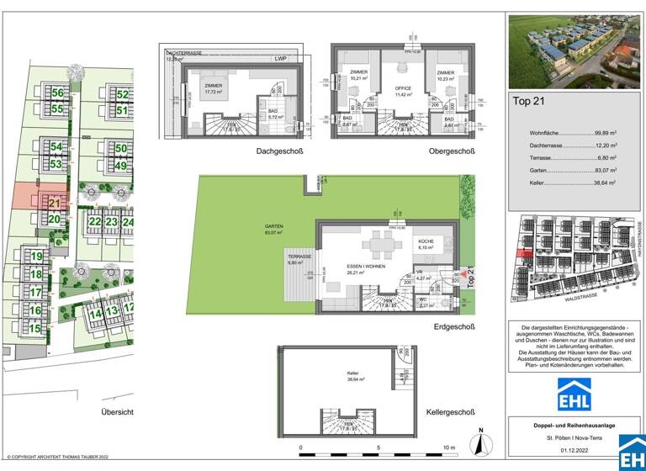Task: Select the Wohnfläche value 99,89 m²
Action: point(603,133)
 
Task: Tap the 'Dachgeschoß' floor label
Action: point(279,151)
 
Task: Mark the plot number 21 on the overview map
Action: point(55,203)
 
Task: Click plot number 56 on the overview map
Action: point(57,93)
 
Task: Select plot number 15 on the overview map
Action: point(35,329)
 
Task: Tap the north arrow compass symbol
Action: point(479,440)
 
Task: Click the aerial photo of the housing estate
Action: point(563,51)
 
